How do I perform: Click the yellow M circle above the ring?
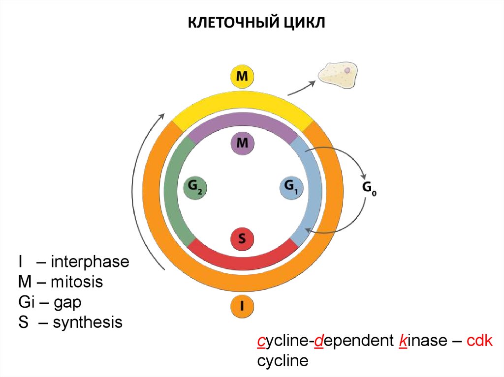click(x=242, y=77)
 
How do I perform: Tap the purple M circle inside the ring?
click(x=242, y=144)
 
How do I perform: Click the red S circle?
click(x=242, y=239)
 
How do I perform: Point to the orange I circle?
click(x=242, y=307)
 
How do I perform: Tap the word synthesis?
click(x=87, y=322)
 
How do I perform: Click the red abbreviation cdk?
click(x=478, y=342)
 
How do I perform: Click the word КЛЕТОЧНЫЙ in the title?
click(x=230, y=23)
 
